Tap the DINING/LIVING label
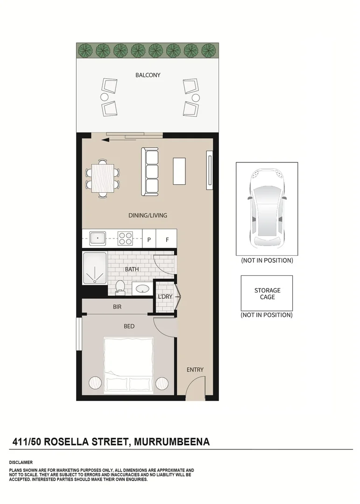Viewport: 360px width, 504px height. (148, 216)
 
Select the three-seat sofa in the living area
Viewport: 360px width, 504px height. (150, 171)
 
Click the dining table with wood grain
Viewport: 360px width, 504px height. (103, 178)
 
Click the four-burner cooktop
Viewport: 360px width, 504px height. (125, 238)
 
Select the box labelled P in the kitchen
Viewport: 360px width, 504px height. (149, 239)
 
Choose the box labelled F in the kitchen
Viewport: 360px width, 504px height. (167, 239)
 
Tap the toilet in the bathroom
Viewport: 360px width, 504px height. (119, 287)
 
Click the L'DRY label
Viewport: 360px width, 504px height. (165, 297)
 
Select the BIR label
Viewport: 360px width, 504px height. (117, 307)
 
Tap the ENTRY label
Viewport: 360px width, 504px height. (195, 370)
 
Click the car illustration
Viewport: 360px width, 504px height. (267, 209)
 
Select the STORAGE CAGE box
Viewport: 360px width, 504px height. (267, 293)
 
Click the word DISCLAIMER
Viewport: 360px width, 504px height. (21, 462)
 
